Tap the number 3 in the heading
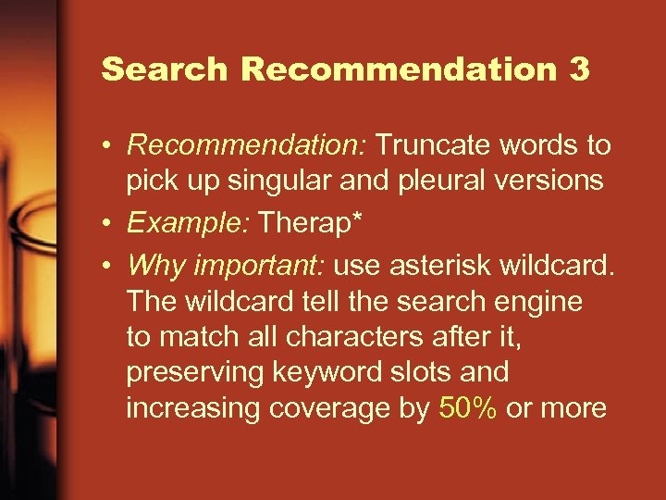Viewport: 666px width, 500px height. (579, 69)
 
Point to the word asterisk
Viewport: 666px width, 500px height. (432, 266)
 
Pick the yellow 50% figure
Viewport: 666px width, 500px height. (469, 408)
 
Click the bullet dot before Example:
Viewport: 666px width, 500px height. (109, 223)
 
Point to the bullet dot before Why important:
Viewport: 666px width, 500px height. (109, 267)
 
